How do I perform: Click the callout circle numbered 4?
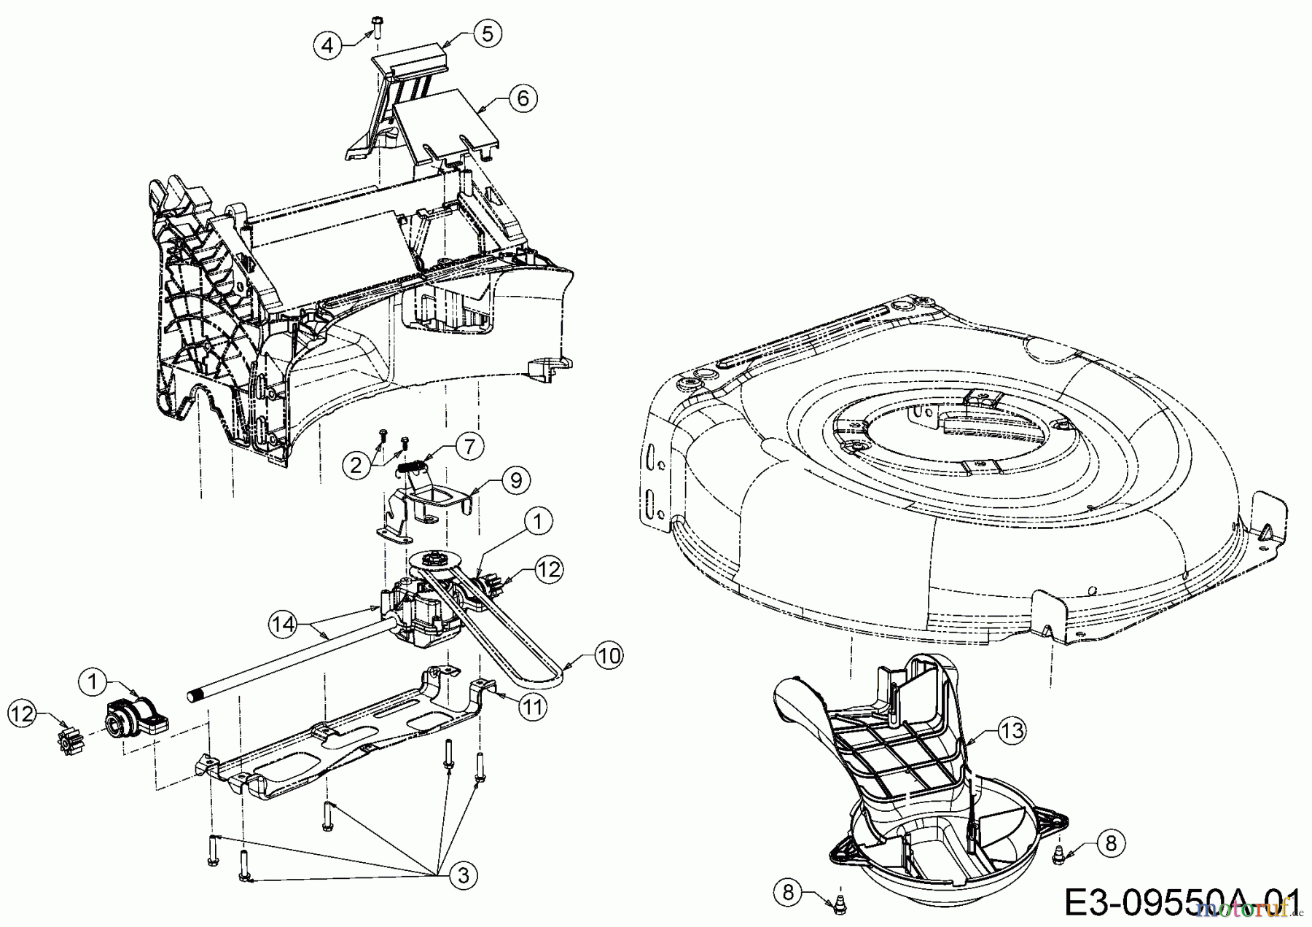(327, 45)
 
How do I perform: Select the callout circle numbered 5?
(488, 33)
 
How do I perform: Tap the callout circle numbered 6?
(523, 98)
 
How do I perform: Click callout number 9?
(516, 480)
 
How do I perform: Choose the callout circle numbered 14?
(284, 623)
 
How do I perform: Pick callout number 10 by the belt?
(609, 656)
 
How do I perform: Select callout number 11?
(534, 707)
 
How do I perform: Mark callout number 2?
(356, 464)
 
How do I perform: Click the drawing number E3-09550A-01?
(1181, 903)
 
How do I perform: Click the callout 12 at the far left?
(23, 713)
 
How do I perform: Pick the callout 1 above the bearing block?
(92, 682)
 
